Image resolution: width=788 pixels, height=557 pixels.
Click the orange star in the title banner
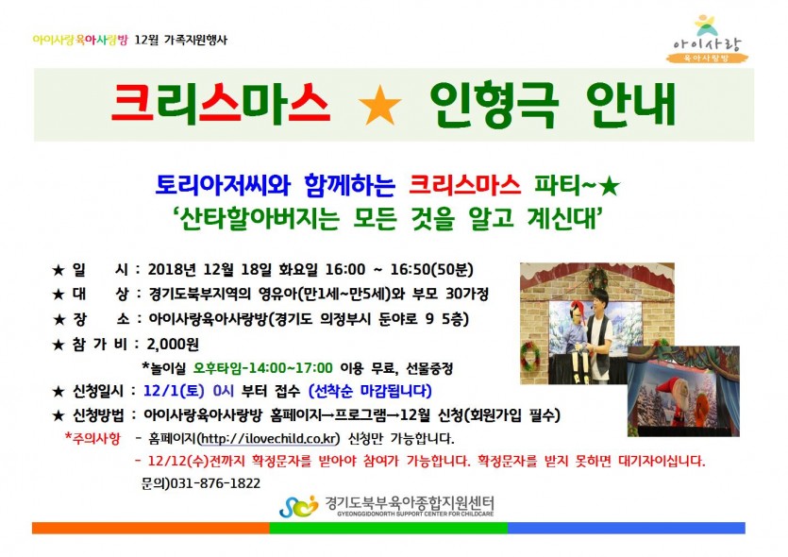[x=380, y=105]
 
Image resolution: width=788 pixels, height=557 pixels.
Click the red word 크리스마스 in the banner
[x=220, y=104]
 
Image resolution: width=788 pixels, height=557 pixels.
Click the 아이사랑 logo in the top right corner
[x=708, y=40]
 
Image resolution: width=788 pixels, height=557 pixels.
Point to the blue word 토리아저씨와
[x=223, y=185]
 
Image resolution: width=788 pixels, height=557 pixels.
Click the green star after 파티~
[x=610, y=187]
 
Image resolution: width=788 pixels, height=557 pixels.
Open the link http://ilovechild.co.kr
[x=269, y=439]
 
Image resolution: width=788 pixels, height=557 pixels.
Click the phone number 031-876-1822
[x=215, y=483]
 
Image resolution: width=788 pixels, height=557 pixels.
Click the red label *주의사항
[x=93, y=438]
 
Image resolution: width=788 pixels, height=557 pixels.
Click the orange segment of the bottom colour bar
[x=151, y=528]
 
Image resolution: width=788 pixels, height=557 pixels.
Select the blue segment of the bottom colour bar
[x=627, y=528]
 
